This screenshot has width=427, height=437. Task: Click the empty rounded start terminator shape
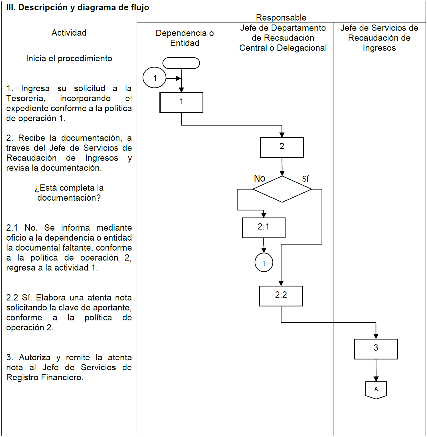pyautogui.click(x=181, y=63)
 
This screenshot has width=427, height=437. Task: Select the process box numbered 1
pyautogui.click(x=181, y=103)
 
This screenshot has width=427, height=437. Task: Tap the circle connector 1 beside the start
pyautogui.click(x=154, y=78)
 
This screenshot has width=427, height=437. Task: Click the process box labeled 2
pyautogui.click(x=282, y=148)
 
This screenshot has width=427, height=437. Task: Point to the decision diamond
pyautogui.click(x=282, y=189)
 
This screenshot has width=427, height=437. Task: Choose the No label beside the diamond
pyautogui.click(x=260, y=178)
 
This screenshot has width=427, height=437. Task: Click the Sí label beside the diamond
pyautogui.click(x=305, y=179)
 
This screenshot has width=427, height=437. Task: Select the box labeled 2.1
pyautogui.click(x=264, y=228)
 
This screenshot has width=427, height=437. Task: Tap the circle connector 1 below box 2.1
pyautogui.click(x=264, y=263)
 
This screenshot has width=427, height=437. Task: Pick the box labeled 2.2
pyautogui.click(x=281, y=296)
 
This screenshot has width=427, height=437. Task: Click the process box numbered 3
pyautogui.click(x=376, y=349)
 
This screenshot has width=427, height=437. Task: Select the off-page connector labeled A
pyautogui.click(x=376, y=390)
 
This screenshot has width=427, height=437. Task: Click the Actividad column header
pyautogui.click(x=69, y=33)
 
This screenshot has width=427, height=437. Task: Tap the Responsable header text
pyautogui.click(x=281, y=18)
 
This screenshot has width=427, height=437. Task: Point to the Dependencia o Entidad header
pyautogui.click(x=185, y=38)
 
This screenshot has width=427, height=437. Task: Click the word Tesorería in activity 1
pyautogui.click(x=26, y=98)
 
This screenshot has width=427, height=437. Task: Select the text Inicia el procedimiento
pyautogui.click(x=69, y=58)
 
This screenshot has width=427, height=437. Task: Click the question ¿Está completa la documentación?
pyautogui.click(x=69, y=193)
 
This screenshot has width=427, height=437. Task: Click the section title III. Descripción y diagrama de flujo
pyautogui.click(x=78, y=7)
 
